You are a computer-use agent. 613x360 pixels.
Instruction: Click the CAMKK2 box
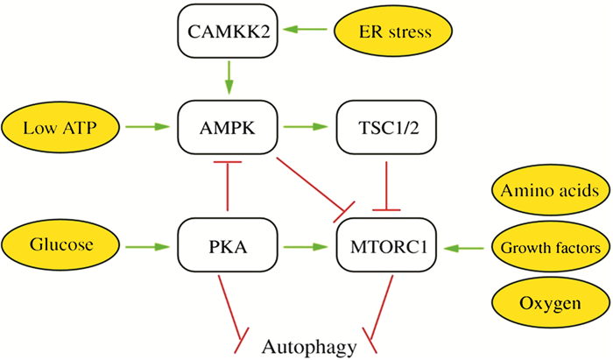(x=228, y=32)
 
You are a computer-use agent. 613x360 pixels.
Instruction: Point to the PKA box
(x=228, y=248)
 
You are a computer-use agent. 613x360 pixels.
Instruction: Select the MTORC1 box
(x=387, y=248)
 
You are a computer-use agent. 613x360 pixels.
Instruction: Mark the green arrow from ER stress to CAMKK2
(x=306, y=32)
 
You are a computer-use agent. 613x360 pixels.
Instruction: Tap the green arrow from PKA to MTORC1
(x=307, y=248)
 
